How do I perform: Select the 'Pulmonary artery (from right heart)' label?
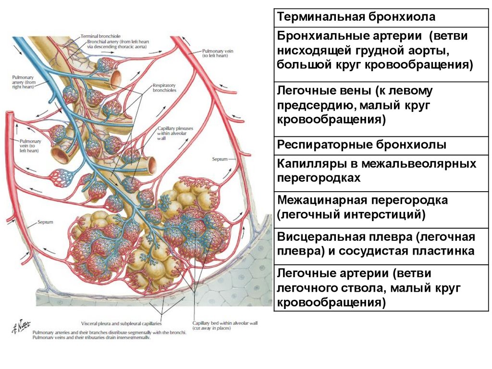tap(25, 83)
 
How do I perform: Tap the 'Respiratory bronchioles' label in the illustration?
tap(164, 87)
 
